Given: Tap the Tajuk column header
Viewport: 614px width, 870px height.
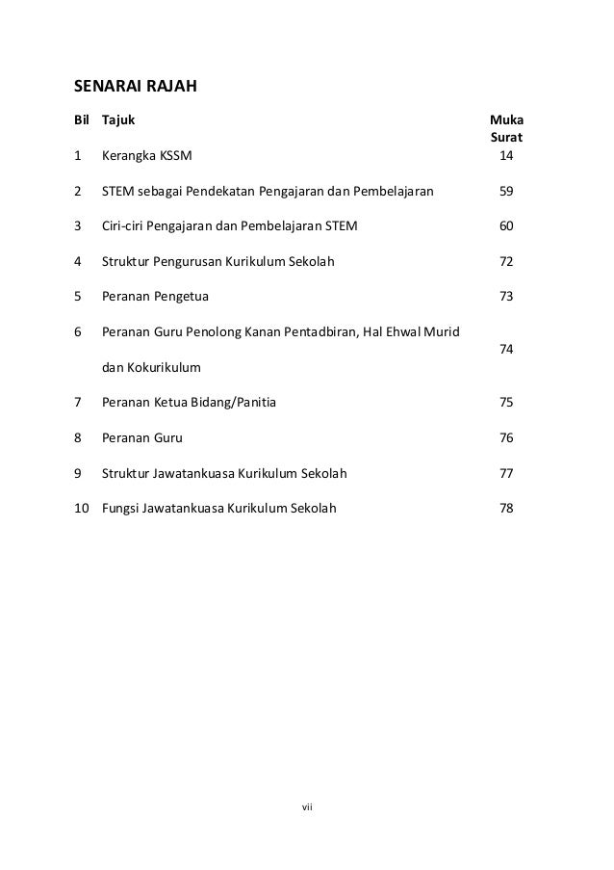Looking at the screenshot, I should (118, 121).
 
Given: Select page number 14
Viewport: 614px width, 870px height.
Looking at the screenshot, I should (506, 156).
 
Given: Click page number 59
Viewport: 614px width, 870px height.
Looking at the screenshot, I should (506, 192).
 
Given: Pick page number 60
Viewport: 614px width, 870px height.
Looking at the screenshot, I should (506, 226).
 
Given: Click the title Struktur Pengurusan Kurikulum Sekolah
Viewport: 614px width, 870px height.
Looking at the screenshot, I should (218, 262).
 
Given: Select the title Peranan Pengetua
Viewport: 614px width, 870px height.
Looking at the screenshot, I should (155, 297).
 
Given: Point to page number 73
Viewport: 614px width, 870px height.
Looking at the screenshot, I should (506, 297).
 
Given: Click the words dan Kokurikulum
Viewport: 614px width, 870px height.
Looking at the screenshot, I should (152, 367).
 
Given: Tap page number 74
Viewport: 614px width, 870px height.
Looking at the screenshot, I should (506, 350).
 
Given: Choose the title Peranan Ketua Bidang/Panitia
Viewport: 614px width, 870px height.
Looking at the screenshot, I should (189, 403).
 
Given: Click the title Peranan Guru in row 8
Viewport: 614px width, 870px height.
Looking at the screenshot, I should (141, 437).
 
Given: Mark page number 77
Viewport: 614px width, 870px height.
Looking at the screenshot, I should (506, 473).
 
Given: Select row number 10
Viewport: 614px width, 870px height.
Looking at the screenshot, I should (81, 508).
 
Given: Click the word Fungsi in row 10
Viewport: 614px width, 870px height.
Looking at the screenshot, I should (119, 508).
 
